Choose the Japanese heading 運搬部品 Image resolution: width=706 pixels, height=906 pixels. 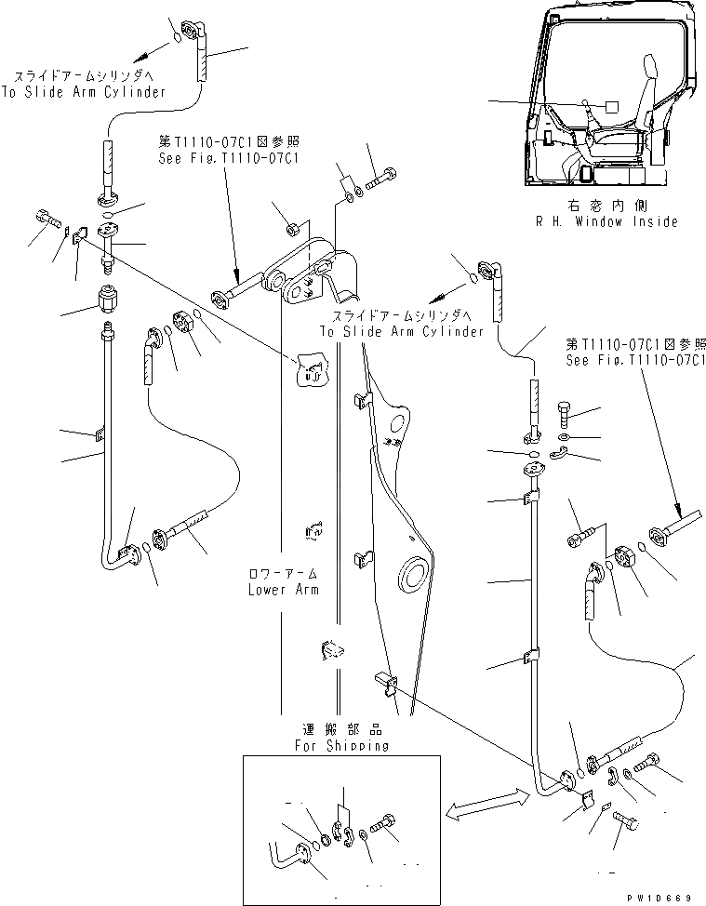[x=340, y=730]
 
